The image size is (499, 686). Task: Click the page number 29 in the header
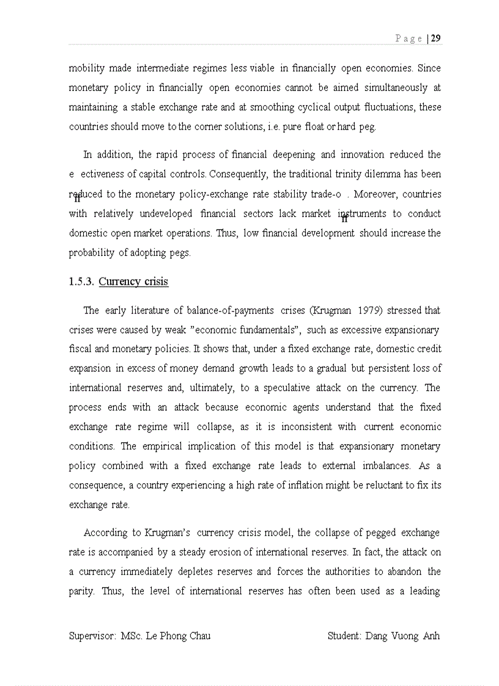click(436, 38)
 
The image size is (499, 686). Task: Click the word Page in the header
click(408, 38)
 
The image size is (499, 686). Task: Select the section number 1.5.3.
click(81, 282)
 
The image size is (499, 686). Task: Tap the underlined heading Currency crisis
click(133, 282)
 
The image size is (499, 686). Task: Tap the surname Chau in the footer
click(197, 636)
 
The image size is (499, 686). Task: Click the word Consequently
click(239, 174)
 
